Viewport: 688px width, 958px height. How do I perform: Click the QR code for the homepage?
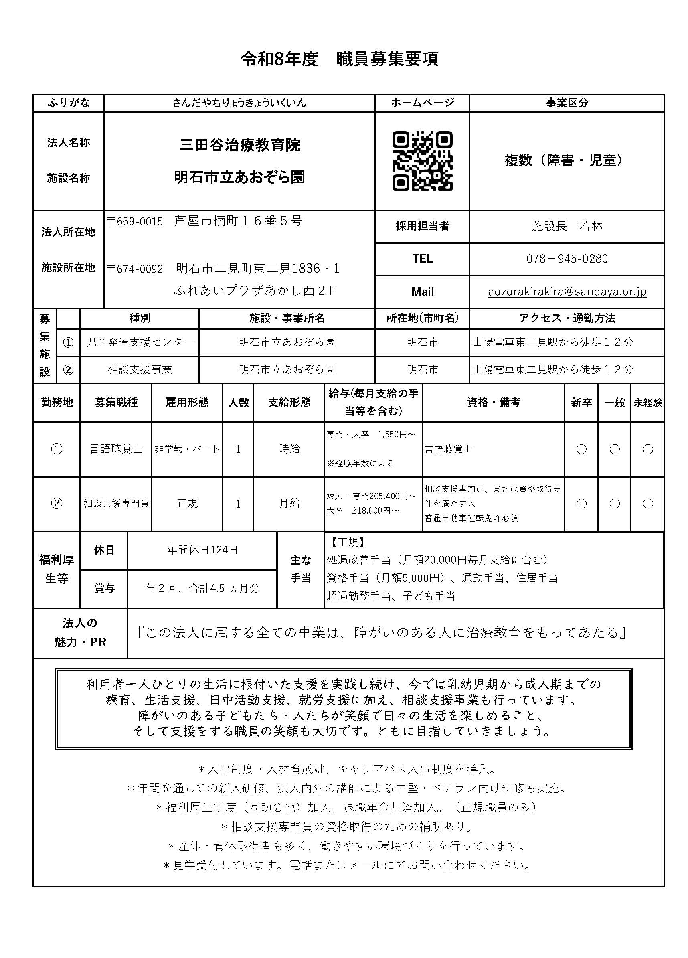coord(422,161)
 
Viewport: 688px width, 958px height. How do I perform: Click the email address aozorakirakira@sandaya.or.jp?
coord(567,292)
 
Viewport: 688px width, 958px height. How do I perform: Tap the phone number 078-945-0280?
coord(567,259)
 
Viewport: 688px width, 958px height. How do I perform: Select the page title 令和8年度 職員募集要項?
coord(340,59)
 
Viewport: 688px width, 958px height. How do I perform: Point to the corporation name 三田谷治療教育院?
coord(239,145)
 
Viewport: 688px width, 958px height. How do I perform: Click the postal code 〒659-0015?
coord(135,221)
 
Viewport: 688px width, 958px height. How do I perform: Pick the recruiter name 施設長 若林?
coord(567,226)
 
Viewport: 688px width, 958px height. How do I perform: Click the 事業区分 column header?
coord(567,103)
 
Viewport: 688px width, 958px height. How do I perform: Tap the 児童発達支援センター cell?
coord(140,342)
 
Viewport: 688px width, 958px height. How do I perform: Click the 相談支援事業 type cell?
coord(140,370)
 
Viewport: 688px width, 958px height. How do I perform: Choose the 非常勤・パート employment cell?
coord(187,449)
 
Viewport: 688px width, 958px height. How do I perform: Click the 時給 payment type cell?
coord(289,449)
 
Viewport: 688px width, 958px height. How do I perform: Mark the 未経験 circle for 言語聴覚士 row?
coord(648,449)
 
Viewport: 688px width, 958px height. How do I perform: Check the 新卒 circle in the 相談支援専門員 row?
coord(581,504)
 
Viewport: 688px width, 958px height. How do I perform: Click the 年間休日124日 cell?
coord(202,549)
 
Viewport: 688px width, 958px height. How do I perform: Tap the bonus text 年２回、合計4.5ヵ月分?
coord(202,588)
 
